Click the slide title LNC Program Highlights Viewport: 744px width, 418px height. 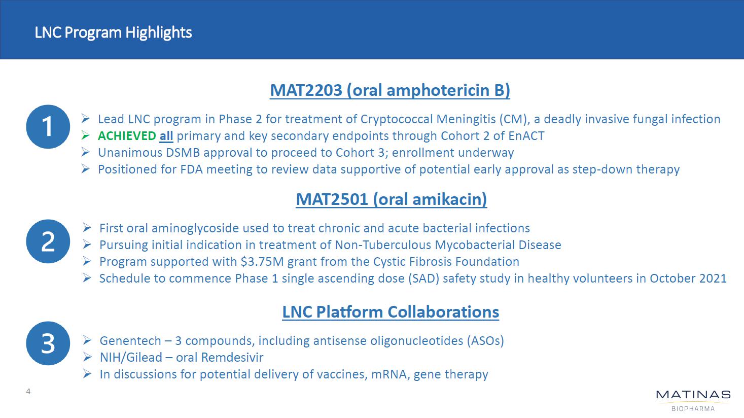point(113,32)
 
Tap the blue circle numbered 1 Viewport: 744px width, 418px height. point(48,127)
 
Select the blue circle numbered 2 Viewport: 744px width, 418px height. point(48,241)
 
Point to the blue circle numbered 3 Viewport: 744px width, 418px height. point(48,343)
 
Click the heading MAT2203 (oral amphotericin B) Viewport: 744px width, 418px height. point(390,90)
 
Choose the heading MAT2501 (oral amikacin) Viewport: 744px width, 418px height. point(391,199)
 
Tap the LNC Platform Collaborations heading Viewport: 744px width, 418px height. point(391,312)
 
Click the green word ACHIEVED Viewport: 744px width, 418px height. point(127,136)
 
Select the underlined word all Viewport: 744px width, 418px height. point(166,136)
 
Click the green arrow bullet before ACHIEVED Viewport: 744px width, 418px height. point(86,135)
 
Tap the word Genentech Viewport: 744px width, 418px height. point(130,341)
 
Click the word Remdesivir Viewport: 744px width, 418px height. point(232,358)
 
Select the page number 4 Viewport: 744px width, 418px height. point(28,392)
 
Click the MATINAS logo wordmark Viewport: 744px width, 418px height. point(693,395)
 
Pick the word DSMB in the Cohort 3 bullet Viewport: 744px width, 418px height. point(183,153)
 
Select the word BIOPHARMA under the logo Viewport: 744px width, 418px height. point(693,409)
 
